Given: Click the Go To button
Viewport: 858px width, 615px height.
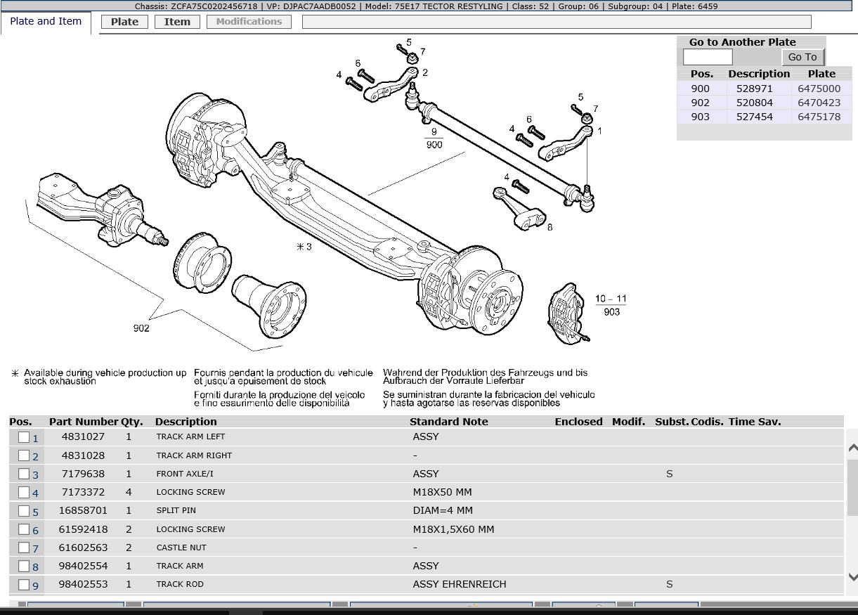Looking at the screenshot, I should coord(802,57).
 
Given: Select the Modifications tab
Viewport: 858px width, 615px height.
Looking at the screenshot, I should coord(249,22).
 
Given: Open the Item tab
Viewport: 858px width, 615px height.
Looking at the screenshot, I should coord(177,22).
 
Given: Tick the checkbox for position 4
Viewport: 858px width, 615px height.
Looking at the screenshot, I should coord(24,492).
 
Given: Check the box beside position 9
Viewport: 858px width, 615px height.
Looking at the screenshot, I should coord(24,584).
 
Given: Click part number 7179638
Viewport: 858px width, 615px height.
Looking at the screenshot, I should coord(83,474).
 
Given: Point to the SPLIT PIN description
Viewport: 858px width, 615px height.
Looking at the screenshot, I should coord(176,510).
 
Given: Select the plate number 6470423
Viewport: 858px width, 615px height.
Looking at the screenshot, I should coord(819,103).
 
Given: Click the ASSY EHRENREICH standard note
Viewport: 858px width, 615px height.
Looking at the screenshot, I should coord(460,584).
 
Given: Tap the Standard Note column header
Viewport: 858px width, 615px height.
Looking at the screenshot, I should coord(448,422).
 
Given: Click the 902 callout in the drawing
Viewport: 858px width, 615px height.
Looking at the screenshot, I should coord(141,328).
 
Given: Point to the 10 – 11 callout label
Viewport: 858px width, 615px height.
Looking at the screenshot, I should coord(611,299).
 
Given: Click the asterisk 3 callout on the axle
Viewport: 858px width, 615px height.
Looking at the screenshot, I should coord(304,247).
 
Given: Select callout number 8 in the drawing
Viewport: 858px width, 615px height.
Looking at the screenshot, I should coord(550,227).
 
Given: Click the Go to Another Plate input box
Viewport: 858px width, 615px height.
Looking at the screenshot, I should coord(708,57).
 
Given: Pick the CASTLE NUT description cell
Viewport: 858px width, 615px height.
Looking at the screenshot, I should coord(181,548).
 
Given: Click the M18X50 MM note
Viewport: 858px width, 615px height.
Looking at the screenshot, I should coord(442,492).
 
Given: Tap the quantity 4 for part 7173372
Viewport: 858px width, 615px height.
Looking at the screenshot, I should coord(129,492).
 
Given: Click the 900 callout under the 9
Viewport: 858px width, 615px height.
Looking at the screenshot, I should coord(434,144).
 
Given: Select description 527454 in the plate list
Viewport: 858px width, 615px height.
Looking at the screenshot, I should coord(754,117).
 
